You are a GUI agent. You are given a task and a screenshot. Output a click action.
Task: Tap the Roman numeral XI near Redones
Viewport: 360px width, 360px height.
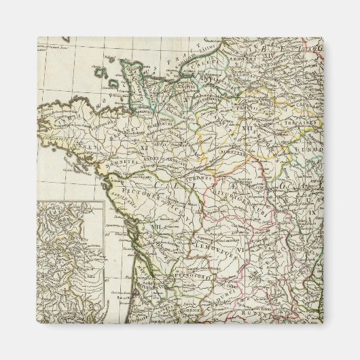coord(144,145)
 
